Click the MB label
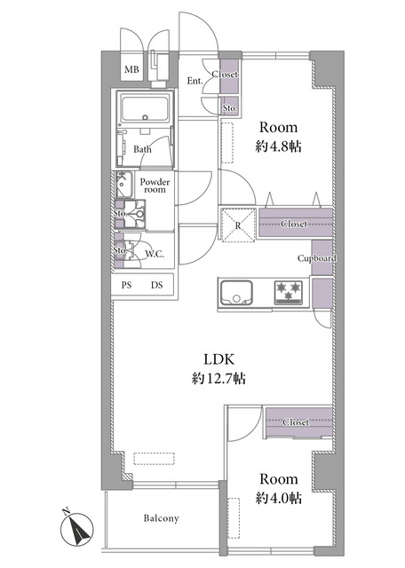click(x=131, y=69)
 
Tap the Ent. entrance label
click(x=195, y=81)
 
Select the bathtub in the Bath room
click(x=145, y=108)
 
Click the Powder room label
click(x=155, y=185)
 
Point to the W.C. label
click(x=155, y=254)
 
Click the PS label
click(x=126, y=285)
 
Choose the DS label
click(x=157, y=285)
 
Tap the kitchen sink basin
click(x=236, y=292)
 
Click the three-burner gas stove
click(x=289, y=292)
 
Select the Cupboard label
click(x=316, y=258)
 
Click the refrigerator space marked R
click(x=238, y=225)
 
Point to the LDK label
click(x=219, y=359)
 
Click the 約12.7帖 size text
click(x=218, y=379)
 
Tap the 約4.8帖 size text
click(x=279, y=146)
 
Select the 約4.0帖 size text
click(x=279, y=498)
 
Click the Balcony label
click(x=161, y=518)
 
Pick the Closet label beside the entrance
click(x=226, y=75)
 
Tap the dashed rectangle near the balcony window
click(x=155, y=458)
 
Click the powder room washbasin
click(x=123, y=184)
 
